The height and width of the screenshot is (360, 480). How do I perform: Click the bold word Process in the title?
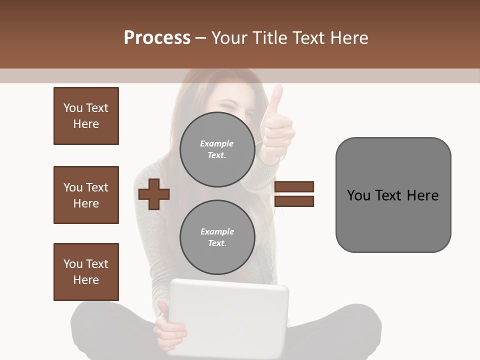157,38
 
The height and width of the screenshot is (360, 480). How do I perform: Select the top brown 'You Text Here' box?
86,116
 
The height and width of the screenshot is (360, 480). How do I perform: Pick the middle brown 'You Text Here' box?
86,195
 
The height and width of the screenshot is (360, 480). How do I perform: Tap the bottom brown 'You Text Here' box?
86,271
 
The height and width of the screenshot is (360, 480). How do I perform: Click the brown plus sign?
154,193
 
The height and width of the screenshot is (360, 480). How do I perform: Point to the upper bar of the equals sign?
294,186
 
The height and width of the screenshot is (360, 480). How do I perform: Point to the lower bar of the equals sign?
294,201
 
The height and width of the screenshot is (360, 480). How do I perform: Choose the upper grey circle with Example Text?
217,149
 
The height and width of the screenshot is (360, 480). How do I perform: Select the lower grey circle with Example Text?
217,237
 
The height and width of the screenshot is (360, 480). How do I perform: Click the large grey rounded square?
393,194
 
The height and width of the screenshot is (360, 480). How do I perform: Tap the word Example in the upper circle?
216,143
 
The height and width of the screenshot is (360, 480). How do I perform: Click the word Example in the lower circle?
217,231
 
